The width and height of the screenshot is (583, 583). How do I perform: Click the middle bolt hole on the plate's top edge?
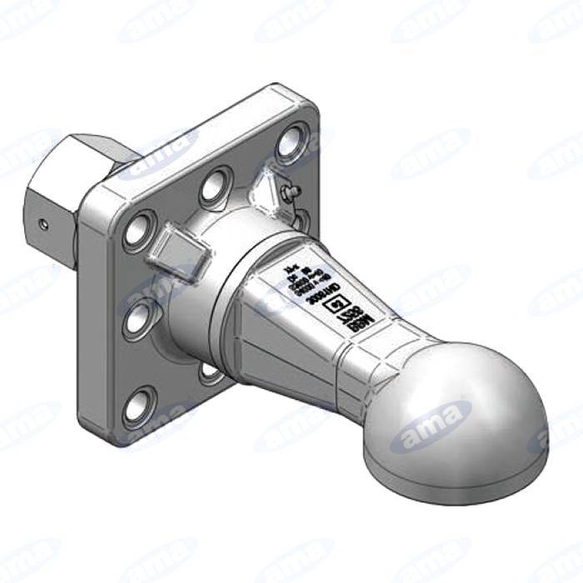coord(217,183)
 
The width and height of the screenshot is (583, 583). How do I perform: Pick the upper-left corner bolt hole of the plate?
coord(139,228)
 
